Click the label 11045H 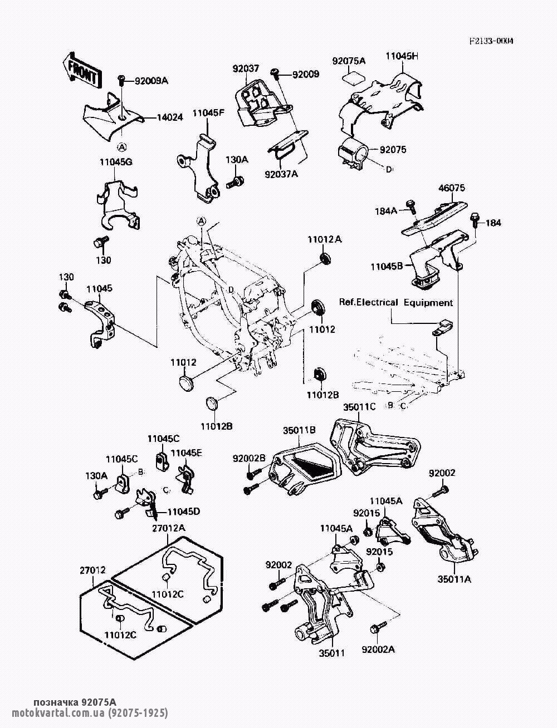402,56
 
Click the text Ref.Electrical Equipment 396,303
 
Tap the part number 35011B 300,430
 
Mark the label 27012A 169,527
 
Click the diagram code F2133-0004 491,41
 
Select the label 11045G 116,162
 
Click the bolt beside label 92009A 122,81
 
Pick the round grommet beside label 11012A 325,258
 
